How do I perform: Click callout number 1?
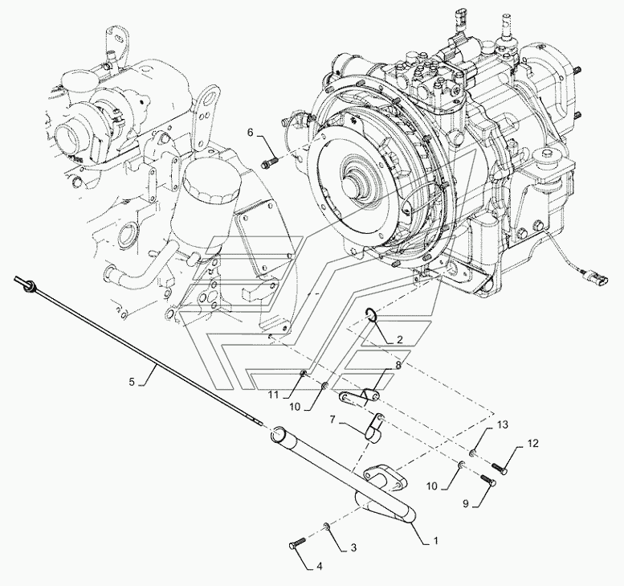[435, 541]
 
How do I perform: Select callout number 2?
[400, 339]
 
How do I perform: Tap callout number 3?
[353, 547]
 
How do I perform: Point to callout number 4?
[319, 566]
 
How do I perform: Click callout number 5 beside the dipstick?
[132, 382]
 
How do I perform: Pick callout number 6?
[250, 133]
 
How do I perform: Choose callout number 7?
[332, 419]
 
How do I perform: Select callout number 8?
[398, 363]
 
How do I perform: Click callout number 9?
[466, 504]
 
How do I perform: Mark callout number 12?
[533, 443]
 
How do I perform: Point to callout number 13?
[503, 425]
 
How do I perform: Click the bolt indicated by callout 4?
[296, 543]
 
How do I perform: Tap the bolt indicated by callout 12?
[500, 469]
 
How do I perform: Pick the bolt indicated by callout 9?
[488, 480]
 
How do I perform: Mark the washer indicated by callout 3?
[326, 527]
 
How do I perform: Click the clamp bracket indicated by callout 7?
[374, 428]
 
